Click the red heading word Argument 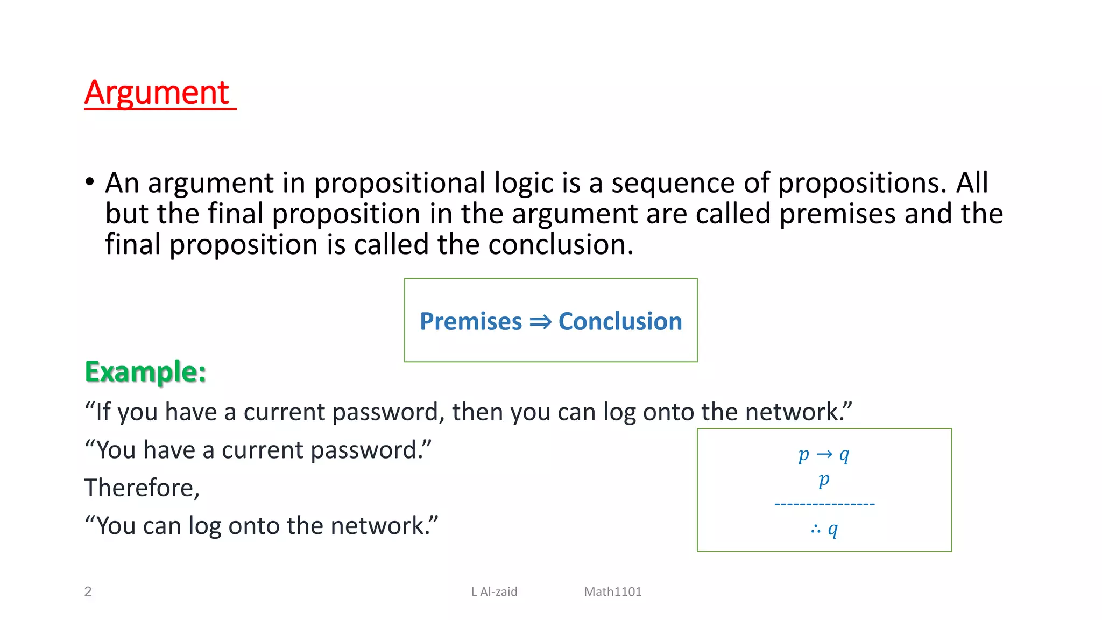click(157, 93)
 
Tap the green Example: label click(145, 372)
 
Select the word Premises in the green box click(470, 321)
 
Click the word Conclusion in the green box click(620, 321)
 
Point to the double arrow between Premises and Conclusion click(540, 322)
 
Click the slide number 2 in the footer click(88, 591)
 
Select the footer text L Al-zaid click(494, 591)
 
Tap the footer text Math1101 click(613, 591)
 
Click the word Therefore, click(142, 488)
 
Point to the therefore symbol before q click(816, 530)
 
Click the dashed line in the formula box click(824, 504)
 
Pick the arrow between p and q click(824, 455)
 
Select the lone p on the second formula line click(824, 479)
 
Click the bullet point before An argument click(90, 182)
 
